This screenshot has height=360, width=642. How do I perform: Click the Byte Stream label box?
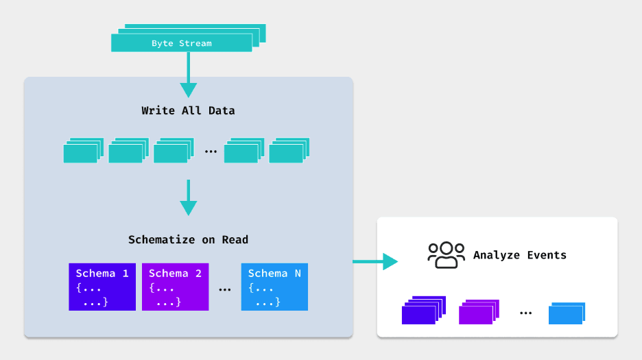pos(182,43)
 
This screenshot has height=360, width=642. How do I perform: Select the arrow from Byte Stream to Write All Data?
pos(188,75)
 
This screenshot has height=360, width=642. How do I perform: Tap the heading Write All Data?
pos(188,110)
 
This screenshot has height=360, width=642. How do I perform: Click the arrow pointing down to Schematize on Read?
pos(188,199)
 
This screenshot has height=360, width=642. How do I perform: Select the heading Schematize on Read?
pos(188,240)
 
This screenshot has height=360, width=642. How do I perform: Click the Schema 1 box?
pos(102,287)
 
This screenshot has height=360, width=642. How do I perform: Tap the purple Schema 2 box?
pos(175,287)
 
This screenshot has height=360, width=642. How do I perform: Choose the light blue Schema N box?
pos(274,287)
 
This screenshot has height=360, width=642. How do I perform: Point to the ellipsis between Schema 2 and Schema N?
pos(224,290)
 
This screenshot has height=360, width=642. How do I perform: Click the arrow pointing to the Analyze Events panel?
pos(375,261)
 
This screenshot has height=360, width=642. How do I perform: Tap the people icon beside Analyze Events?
pos(446,255)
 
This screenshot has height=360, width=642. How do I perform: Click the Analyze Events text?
pos(520,255)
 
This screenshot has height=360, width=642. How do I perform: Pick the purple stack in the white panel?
pos(478,312)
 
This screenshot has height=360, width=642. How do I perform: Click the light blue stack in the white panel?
pos(567,313)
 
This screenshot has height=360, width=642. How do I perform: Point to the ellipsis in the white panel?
pos(525,313)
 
